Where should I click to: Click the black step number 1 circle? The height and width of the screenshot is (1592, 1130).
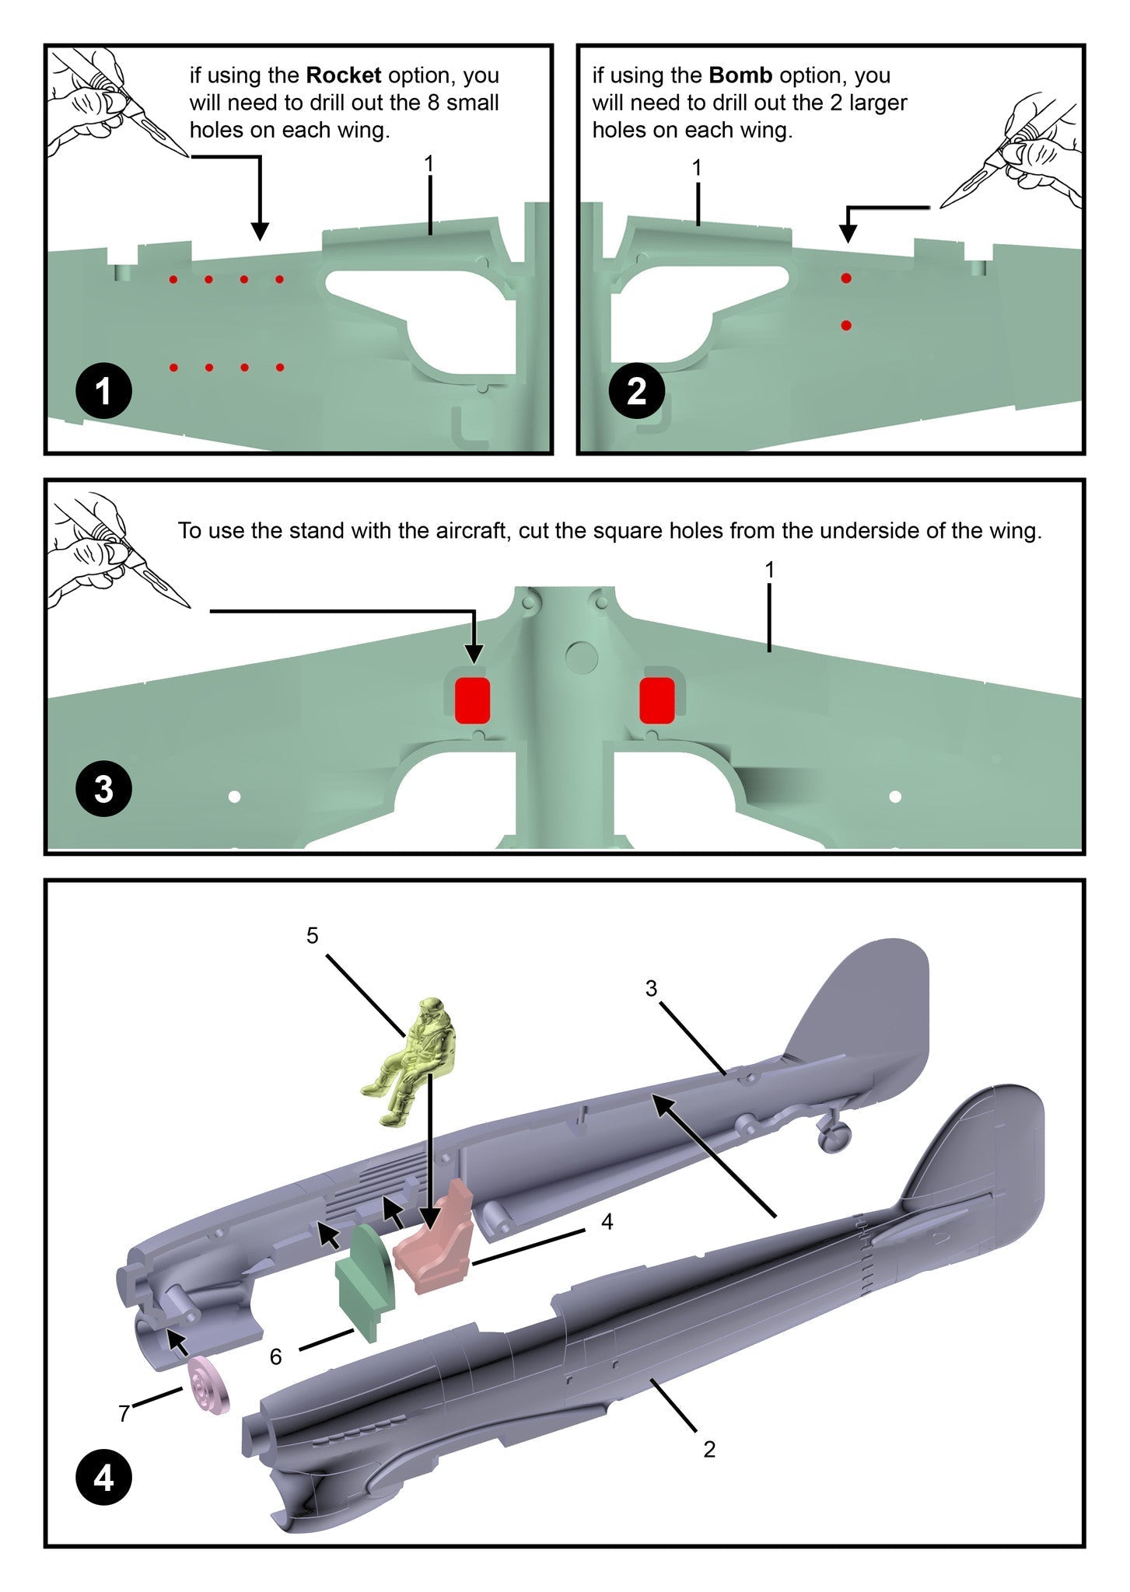[x=103, y=393]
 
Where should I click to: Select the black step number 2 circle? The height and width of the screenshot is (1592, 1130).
[x=636, y=391]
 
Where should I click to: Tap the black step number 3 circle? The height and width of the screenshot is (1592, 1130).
[x=103, y=790]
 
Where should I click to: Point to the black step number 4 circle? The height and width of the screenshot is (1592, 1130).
[x=103, y=1479]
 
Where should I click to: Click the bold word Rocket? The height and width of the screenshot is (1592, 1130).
[x=344, y=75]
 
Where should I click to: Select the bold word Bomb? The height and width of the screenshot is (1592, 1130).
[x=740, y=75]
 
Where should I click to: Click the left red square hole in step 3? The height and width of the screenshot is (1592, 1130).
[x=472, y=700]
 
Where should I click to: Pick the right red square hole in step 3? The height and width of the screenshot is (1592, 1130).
[x=657, y=700]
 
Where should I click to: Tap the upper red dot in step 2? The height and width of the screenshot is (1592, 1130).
[x=846, y=278]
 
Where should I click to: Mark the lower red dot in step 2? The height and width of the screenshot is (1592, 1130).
[x=846, y=326]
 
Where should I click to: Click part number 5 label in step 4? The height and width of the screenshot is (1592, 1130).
[x=312, y=935]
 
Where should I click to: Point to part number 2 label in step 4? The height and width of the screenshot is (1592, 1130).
[x=708, y=1449]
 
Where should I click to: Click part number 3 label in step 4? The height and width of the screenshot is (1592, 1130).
[x=651, y=988]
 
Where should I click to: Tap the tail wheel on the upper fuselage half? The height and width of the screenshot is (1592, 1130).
[x=834, y=1136]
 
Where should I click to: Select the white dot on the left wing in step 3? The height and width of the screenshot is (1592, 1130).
[x=234, y=797]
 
